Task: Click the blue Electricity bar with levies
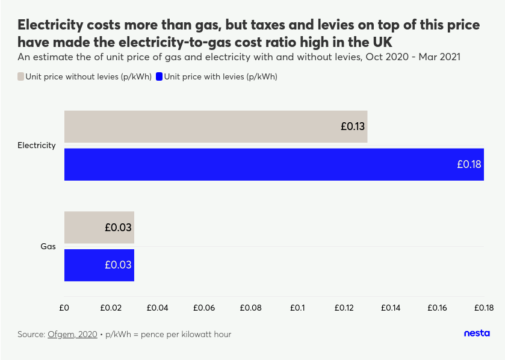point(274,164)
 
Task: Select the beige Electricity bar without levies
point(215,126)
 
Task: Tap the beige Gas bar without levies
point(99,228)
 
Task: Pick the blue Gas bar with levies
point(99,265)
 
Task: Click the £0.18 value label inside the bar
point(469,164)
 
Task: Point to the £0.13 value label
point(353,126)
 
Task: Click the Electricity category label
point(37,145)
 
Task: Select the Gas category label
point(48,246)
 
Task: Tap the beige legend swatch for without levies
point(20,76)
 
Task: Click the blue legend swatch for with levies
point(159,76)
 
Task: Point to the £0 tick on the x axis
point(64,308)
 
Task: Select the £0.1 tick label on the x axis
point(297,308)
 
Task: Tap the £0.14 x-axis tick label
point(391,308)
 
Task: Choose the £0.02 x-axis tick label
point(111,308)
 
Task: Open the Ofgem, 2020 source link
point(72,334)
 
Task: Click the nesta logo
point(477,334)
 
